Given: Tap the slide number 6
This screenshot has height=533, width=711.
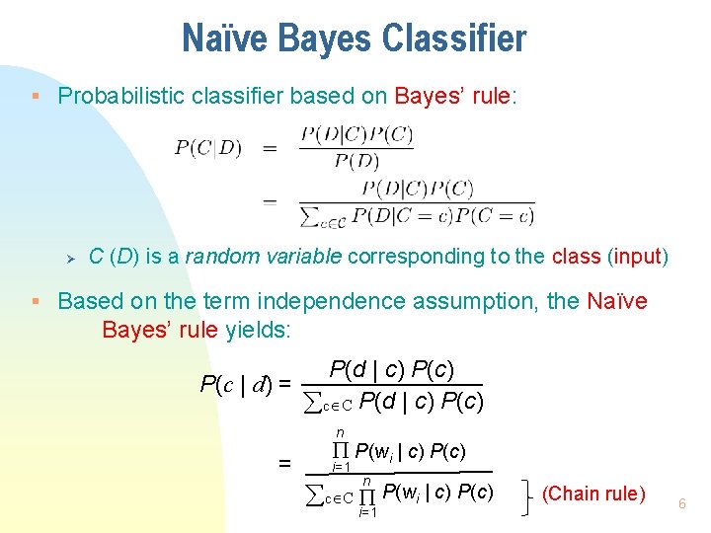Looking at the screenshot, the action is pos(681,504).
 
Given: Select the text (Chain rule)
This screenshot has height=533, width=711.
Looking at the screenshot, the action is pos(593,494).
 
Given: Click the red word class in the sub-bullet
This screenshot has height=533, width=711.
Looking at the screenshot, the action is pos(576,257).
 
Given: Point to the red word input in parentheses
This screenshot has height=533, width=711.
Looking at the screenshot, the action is pos(637,257).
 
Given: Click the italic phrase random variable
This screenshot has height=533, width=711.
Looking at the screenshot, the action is pos(264,257).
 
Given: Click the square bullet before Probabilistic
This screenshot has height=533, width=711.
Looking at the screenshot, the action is pos(35,96).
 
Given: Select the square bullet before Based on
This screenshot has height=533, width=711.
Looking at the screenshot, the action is pos(35,301).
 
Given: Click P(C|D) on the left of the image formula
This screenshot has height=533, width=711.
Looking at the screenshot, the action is pos(207,148).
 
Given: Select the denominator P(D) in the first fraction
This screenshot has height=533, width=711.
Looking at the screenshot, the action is pos(356,160).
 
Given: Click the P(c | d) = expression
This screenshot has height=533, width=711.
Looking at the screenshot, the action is pos(245,384).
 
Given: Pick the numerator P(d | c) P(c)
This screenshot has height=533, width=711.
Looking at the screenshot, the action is pos(392,370).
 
